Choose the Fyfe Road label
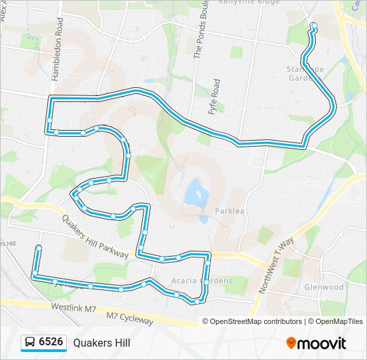coord(215,97)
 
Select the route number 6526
coord(51,343)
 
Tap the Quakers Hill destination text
coord(101,343)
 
